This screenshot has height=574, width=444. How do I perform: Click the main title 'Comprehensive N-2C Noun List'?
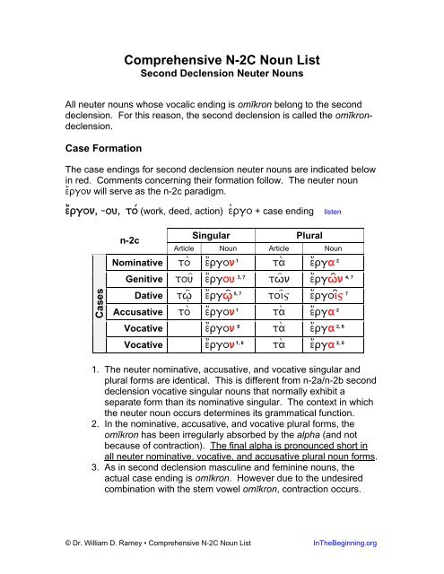(222, 62)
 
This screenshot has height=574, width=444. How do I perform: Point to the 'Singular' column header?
(208, 232)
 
